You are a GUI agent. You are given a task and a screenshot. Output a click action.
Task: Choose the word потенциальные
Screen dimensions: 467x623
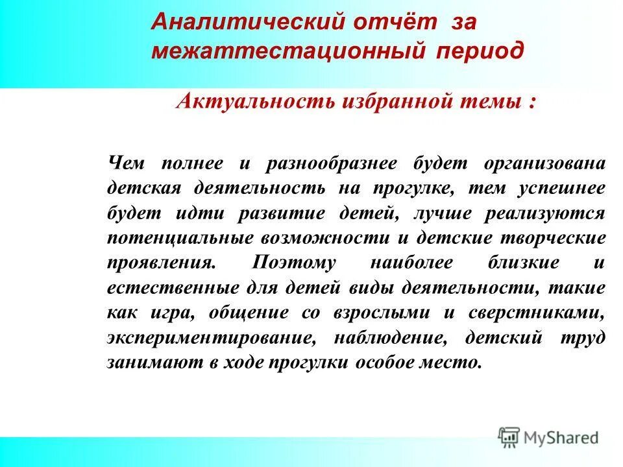point(180,238)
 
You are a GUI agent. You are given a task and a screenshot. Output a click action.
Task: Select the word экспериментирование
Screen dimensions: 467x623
point(214,337)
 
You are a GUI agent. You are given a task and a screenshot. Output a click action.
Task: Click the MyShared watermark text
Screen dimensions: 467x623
point(561,438)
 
